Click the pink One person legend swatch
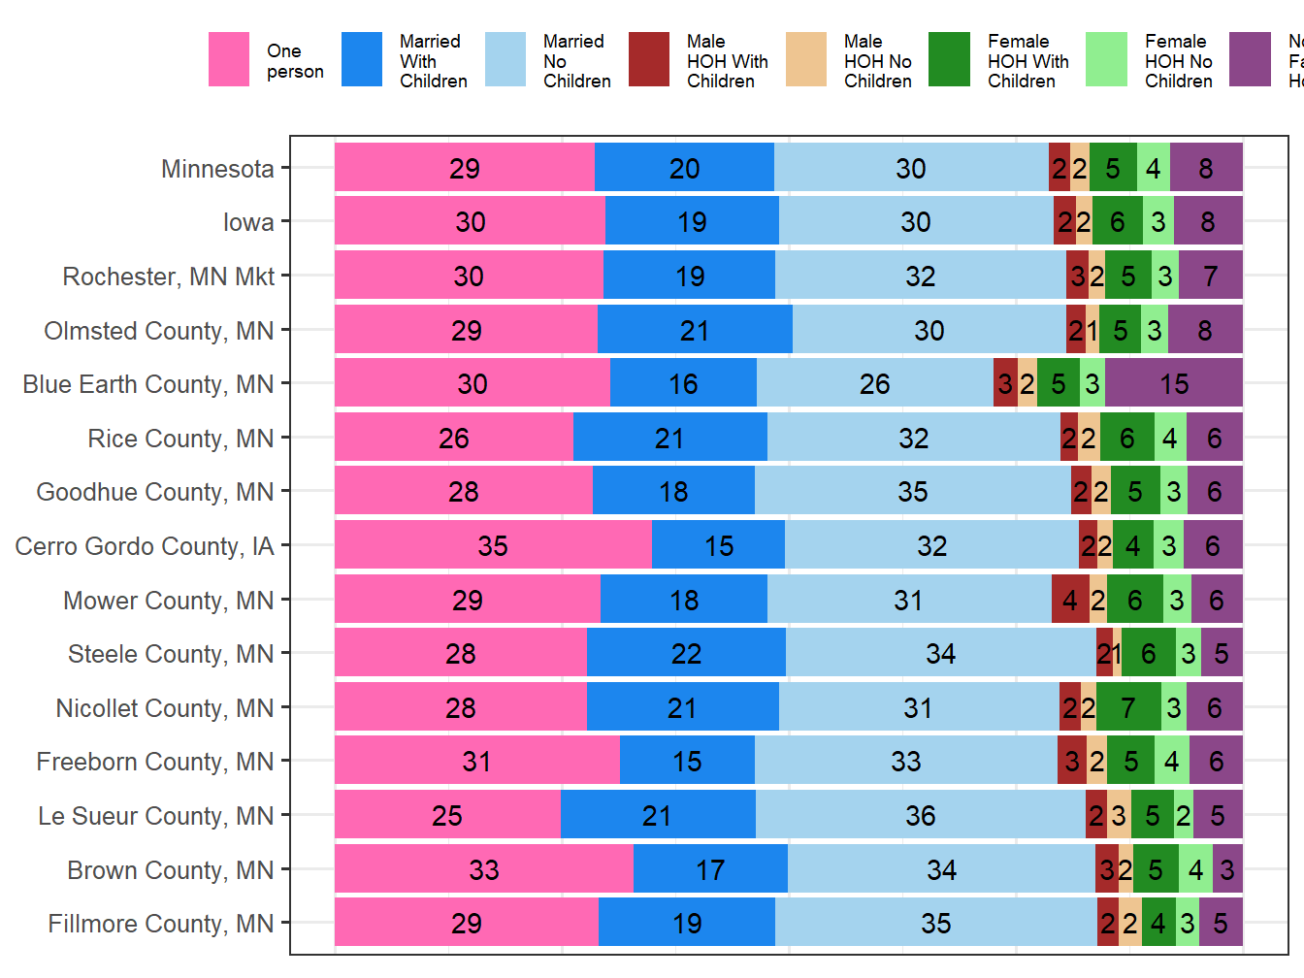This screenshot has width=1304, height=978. tap(229, 60)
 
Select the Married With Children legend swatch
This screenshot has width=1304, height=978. tap(362, 60)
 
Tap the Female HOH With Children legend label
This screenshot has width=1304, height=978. tap(1027, 61)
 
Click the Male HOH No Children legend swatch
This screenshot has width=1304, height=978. tap(806, 60)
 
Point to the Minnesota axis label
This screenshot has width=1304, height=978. tap(217, 169)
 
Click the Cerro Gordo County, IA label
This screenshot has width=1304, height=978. tap(145, 546)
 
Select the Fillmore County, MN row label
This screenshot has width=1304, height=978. tap(161, 924)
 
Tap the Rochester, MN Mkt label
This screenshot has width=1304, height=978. tap(169, 277)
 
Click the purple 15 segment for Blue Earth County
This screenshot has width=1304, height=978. tap(1174, 383)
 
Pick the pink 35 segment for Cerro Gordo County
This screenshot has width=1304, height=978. tap(493, 545)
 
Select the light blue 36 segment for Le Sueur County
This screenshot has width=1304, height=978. tap(920, 815)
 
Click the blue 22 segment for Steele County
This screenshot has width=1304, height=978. tap(686, 653)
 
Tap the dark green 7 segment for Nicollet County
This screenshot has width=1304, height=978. tap(1128, 707)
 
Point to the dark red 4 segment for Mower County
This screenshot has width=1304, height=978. tap(1070, 600)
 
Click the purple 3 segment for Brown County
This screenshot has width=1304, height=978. tap(1227, 869)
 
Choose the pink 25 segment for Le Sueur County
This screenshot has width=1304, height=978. tap(447, 815)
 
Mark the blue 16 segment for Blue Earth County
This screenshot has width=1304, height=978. tap(683, 383)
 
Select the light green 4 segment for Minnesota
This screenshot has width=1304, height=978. tap(1154, 168)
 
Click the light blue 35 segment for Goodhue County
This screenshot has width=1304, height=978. tap(912, 491)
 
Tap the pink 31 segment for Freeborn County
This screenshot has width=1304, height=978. tap(476, 761)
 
